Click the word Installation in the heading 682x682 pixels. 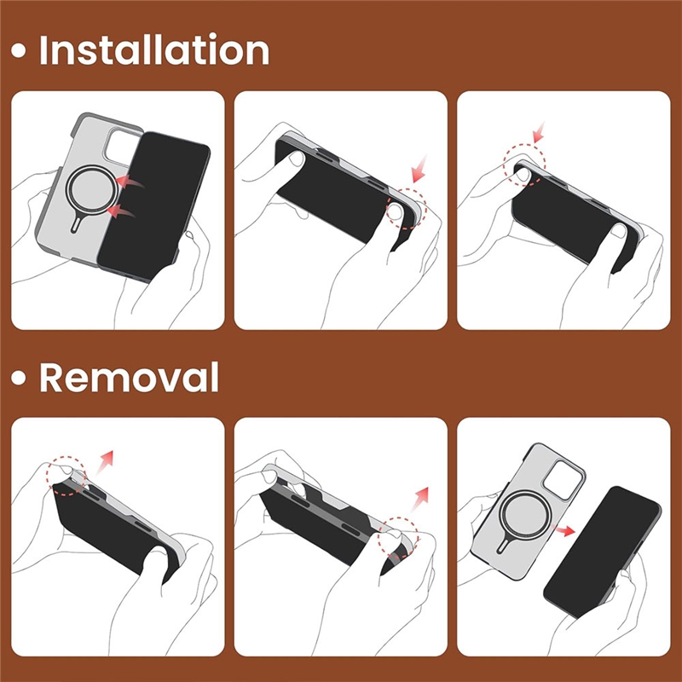pos(154,50)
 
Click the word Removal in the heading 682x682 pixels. pos(130,377)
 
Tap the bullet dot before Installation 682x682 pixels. pos(18,50)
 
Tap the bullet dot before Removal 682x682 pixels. pos(18,378)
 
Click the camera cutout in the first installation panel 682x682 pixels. pos(120,147)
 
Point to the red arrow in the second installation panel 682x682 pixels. pos(419,169)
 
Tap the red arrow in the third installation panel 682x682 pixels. pos(539,132)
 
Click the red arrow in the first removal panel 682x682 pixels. pos(104,462)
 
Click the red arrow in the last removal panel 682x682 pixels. pos(564,530)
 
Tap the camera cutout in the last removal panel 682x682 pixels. pos(564,480)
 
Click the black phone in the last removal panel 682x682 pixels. pos(603,552)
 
